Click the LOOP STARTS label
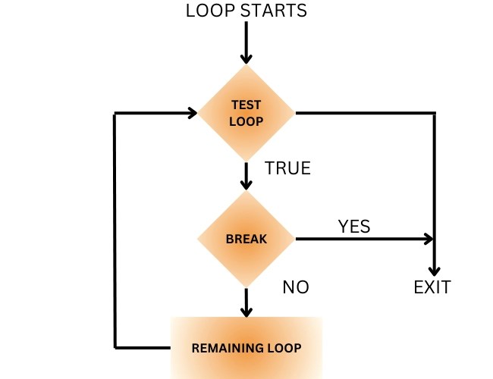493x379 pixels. (x=246, y=11)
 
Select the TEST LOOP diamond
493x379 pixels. (x=246, y=114)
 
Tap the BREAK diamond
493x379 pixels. (x=246, y=239)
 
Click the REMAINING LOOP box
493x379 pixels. (x=246, y=348)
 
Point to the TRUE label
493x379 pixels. (x=287, y=168)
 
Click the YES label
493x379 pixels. (x=354, y=226)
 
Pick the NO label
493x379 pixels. (x=296, y=288)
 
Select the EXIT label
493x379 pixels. (x=432, y=288)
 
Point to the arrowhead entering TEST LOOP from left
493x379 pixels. (x=192, y=114)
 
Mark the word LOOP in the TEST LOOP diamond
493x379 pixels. (x=246, y=121)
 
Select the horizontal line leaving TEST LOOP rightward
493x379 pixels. (x=364, y=114)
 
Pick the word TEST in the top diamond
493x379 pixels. (x=246, y=105)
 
